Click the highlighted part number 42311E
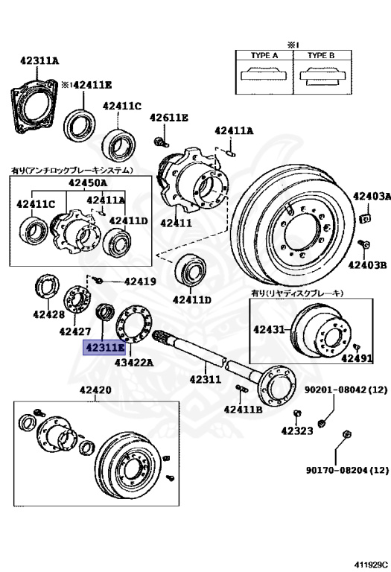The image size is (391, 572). point(106,348)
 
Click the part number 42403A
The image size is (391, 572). point(371,197)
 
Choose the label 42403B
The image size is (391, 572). point(370,264)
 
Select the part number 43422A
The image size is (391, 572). point(134,363)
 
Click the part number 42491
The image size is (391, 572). point(357,358)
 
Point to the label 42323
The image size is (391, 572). point(298,430)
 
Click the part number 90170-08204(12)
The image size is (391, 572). point(347,470)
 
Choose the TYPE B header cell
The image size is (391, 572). point(321,55)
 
